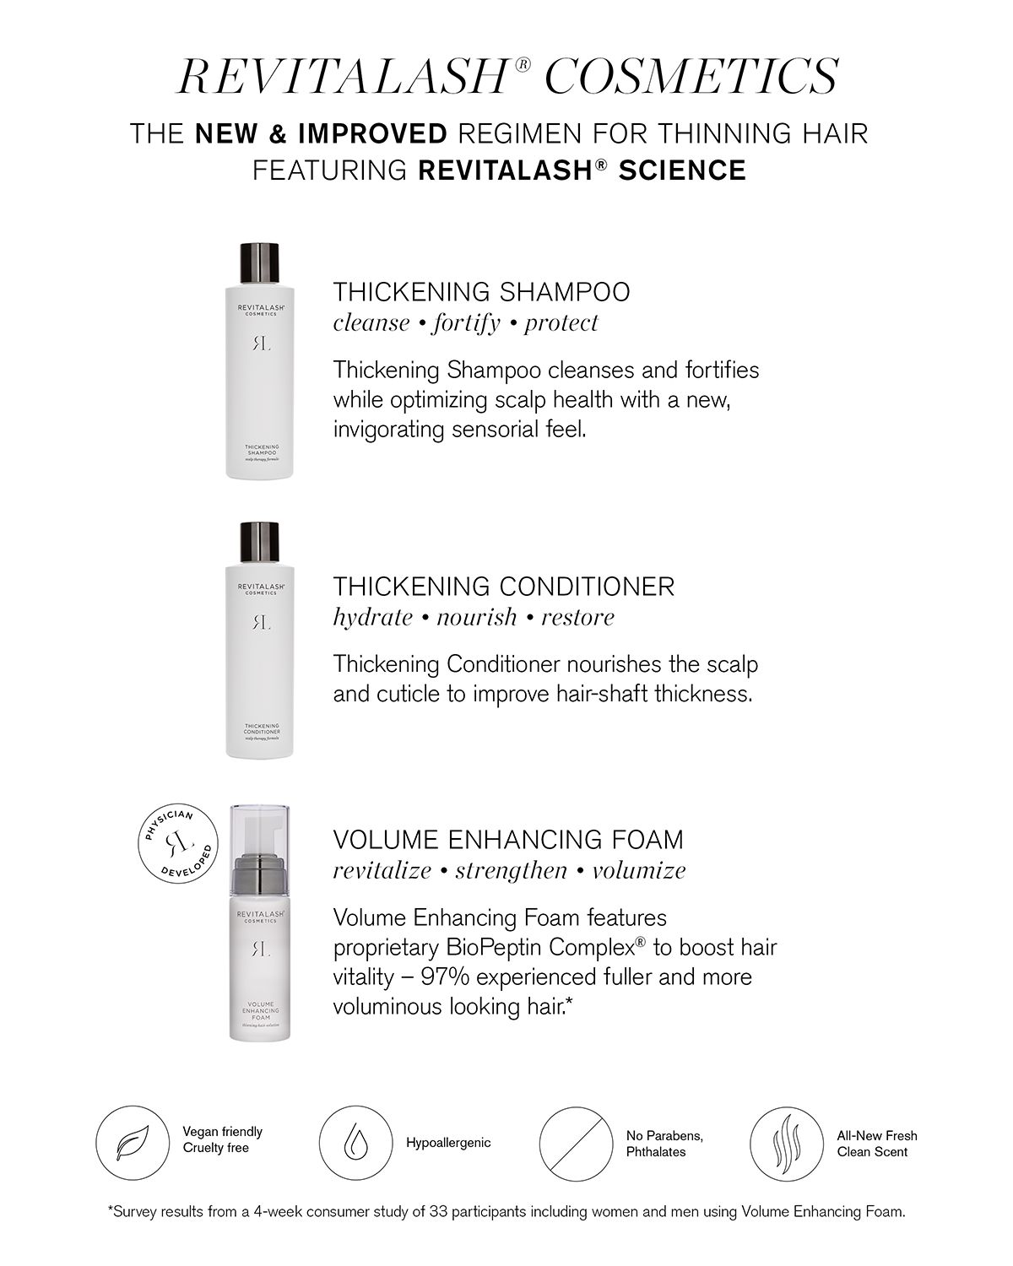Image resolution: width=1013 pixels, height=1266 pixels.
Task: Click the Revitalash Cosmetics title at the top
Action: [506, 76]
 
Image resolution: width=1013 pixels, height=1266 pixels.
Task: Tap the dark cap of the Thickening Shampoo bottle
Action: [260, 262]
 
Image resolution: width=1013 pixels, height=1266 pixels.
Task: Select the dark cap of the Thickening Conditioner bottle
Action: [260, 543]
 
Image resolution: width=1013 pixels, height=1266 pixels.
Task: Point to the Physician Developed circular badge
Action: [177, 845]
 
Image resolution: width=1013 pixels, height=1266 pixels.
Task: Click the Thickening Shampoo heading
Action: [481, 292]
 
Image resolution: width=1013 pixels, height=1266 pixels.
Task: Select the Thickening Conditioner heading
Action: [503, 586]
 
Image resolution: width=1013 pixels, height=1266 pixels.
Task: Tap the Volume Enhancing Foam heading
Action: [507, 840]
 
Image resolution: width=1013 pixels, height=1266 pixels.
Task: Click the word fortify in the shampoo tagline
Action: [466, 322]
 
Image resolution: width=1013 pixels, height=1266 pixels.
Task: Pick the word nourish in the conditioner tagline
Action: [476, 617]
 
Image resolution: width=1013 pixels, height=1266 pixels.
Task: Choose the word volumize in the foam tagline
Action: [638, 870]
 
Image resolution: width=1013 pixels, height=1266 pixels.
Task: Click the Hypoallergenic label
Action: [447, 1143]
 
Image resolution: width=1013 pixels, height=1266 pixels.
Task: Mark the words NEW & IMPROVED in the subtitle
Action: [321, 133]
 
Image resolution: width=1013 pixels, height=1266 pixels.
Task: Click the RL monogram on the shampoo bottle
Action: [260, 344]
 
